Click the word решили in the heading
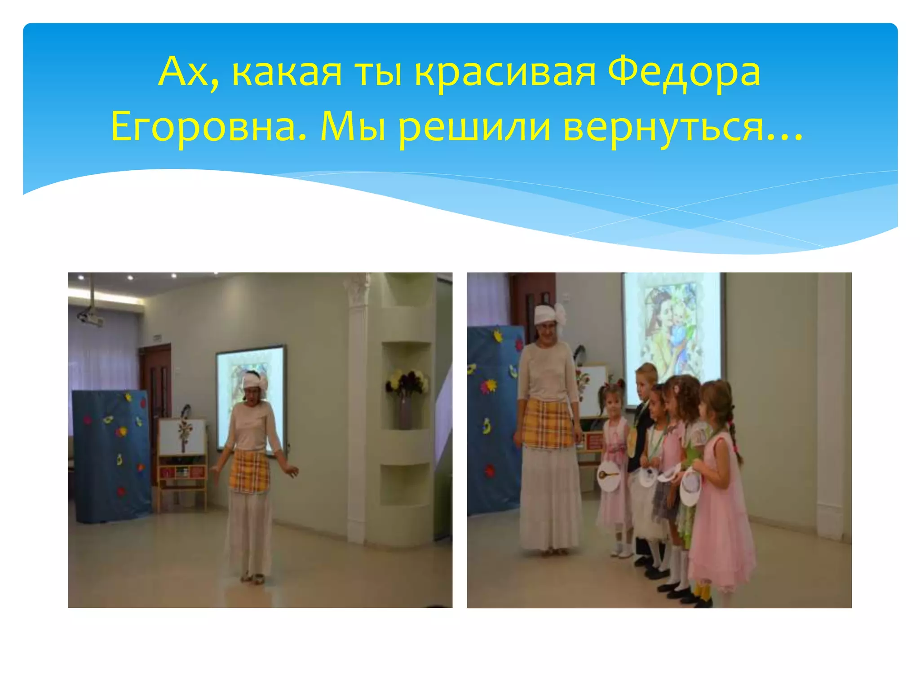tap(474, 128)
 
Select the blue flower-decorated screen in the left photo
tap(111, 454)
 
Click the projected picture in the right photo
tap(673, 328)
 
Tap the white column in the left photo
tap(358, 404)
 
